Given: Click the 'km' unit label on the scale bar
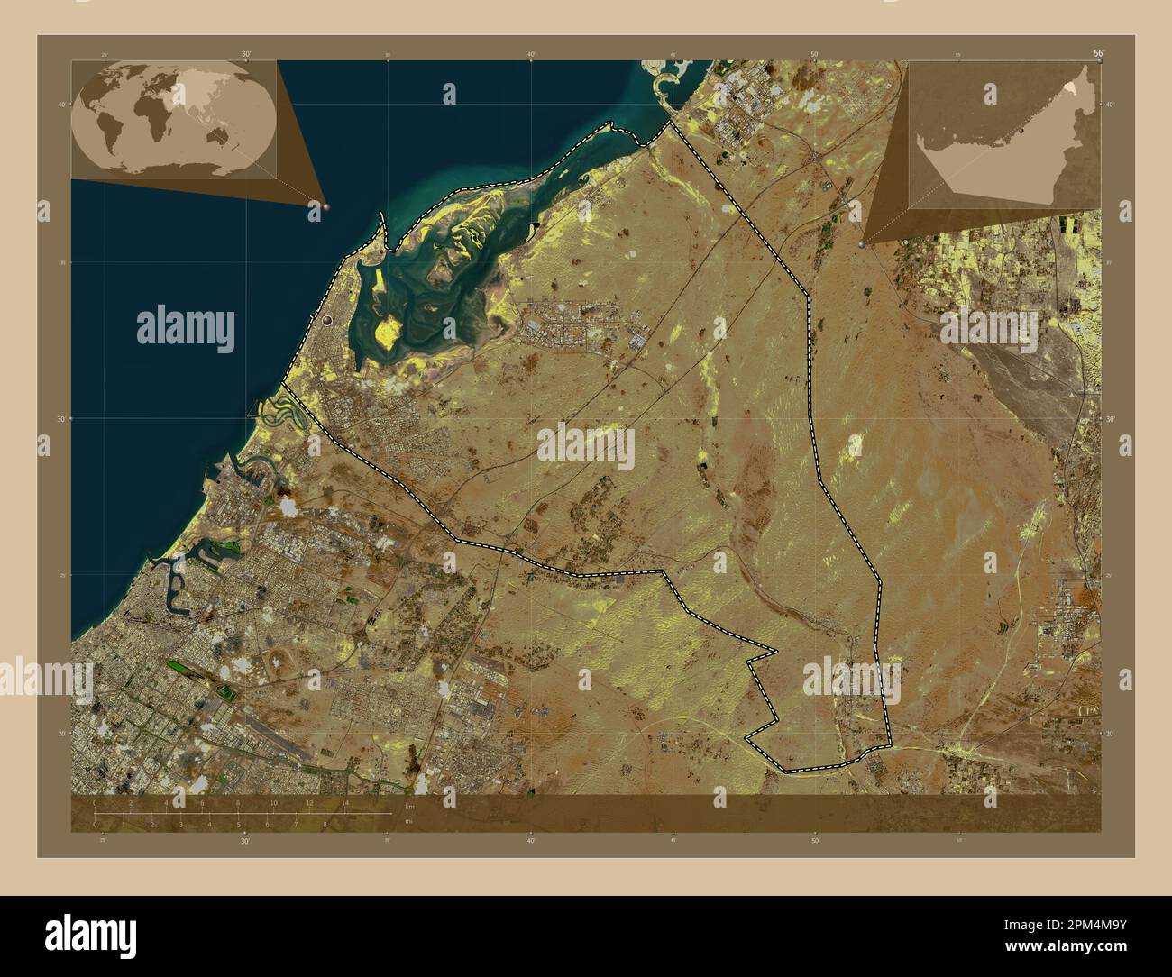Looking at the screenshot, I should [x=409, y=805].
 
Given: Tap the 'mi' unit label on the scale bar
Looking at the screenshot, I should [x=409, y=823].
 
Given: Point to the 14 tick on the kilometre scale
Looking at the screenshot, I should [x=345, y=803].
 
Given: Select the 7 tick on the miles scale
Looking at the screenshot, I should [x=296, y=824].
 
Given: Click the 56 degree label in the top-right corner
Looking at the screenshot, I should [x=1097, y=54].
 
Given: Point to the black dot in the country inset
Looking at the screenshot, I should [x=1021, y=132].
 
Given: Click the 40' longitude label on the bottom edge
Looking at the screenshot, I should [x=531, y=840].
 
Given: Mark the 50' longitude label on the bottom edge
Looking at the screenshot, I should [x=814, y=840].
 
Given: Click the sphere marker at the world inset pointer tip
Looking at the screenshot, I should [x=327, y=206].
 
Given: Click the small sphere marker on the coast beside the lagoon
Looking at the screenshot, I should [x=326, y=319].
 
